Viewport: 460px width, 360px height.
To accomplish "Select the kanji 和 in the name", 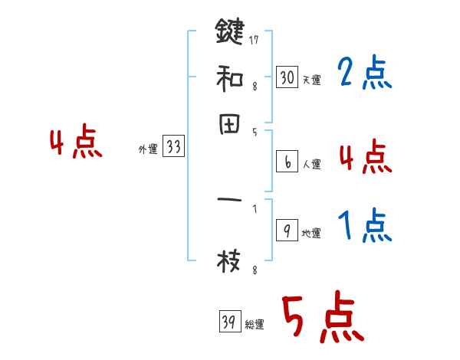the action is pyautogui.click(x=229, y=77).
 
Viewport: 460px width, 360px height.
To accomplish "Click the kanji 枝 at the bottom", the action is pyautogui.click(x=229, y=262).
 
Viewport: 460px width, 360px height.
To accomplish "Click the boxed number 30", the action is pyautogui.click(x=286, y=77).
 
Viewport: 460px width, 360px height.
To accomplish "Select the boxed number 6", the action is pyautogui.click(x=286, y=162).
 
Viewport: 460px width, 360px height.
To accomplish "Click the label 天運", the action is pyautogui.click(x=311, y=79).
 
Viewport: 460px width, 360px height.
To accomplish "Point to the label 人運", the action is pyautogui.click(x=311, y=164).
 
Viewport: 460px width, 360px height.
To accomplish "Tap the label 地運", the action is pyautogui.click(x=311, y=233).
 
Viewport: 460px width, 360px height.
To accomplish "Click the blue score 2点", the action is pyautogui.click(x=364, y=74).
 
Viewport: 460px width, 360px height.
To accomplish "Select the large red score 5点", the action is pyautogui.click(x=322, y=318).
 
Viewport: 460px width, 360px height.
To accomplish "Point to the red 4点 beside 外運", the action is pyautogui.click(x=75, y=144).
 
